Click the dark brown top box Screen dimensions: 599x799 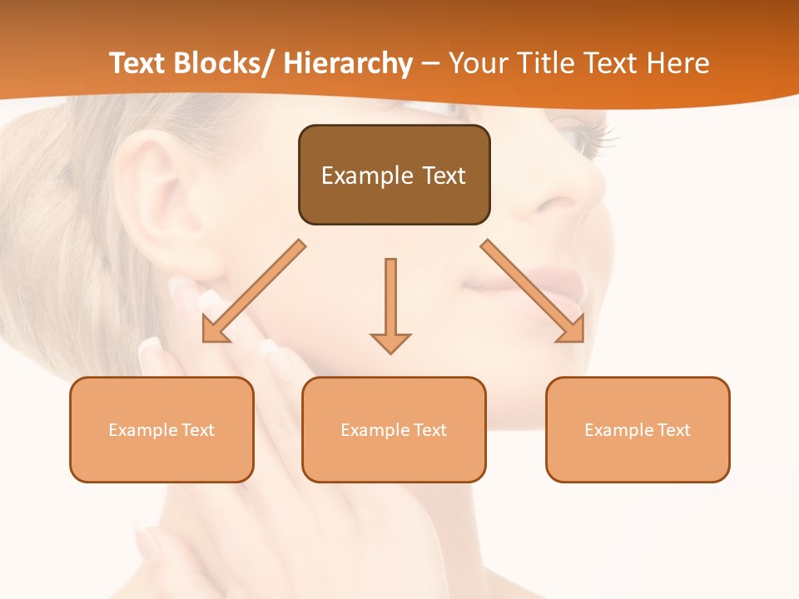(395, 175)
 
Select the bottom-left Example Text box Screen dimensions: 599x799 (161, 429)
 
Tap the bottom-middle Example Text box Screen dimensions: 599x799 (394, 429)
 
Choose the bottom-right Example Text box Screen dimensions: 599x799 (638, 429)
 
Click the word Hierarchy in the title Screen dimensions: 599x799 (348, 63)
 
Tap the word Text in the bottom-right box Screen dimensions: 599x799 (672, 429)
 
